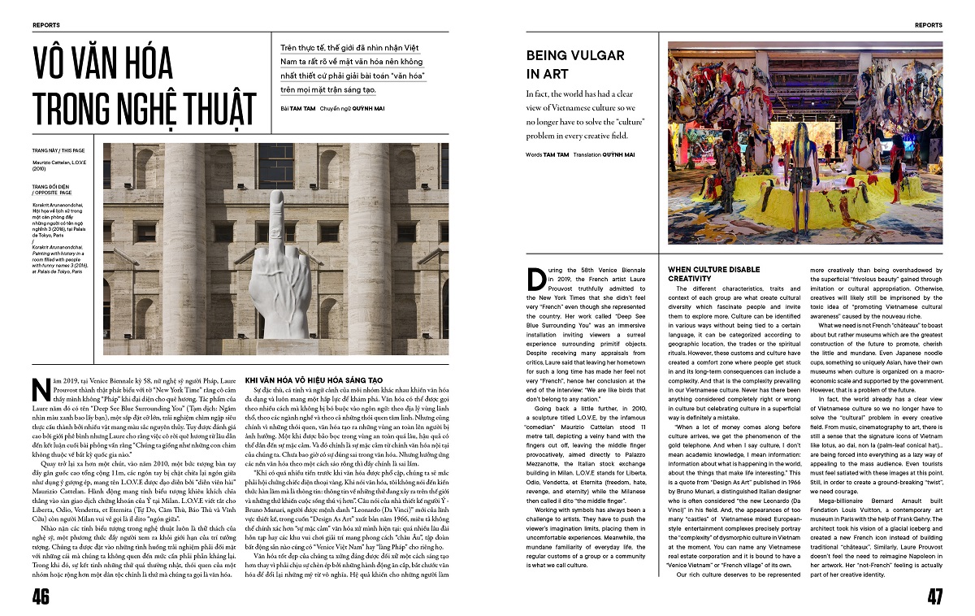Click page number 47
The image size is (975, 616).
(934, 596)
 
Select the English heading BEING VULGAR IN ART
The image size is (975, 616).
(575, 64)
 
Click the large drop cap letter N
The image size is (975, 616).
(41, 388)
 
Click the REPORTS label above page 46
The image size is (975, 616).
(46, 25)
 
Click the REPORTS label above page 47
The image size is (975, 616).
(929, 25)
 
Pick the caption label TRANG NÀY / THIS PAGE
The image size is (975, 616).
(58, 151)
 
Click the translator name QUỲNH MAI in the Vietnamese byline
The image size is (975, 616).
(367, 108)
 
